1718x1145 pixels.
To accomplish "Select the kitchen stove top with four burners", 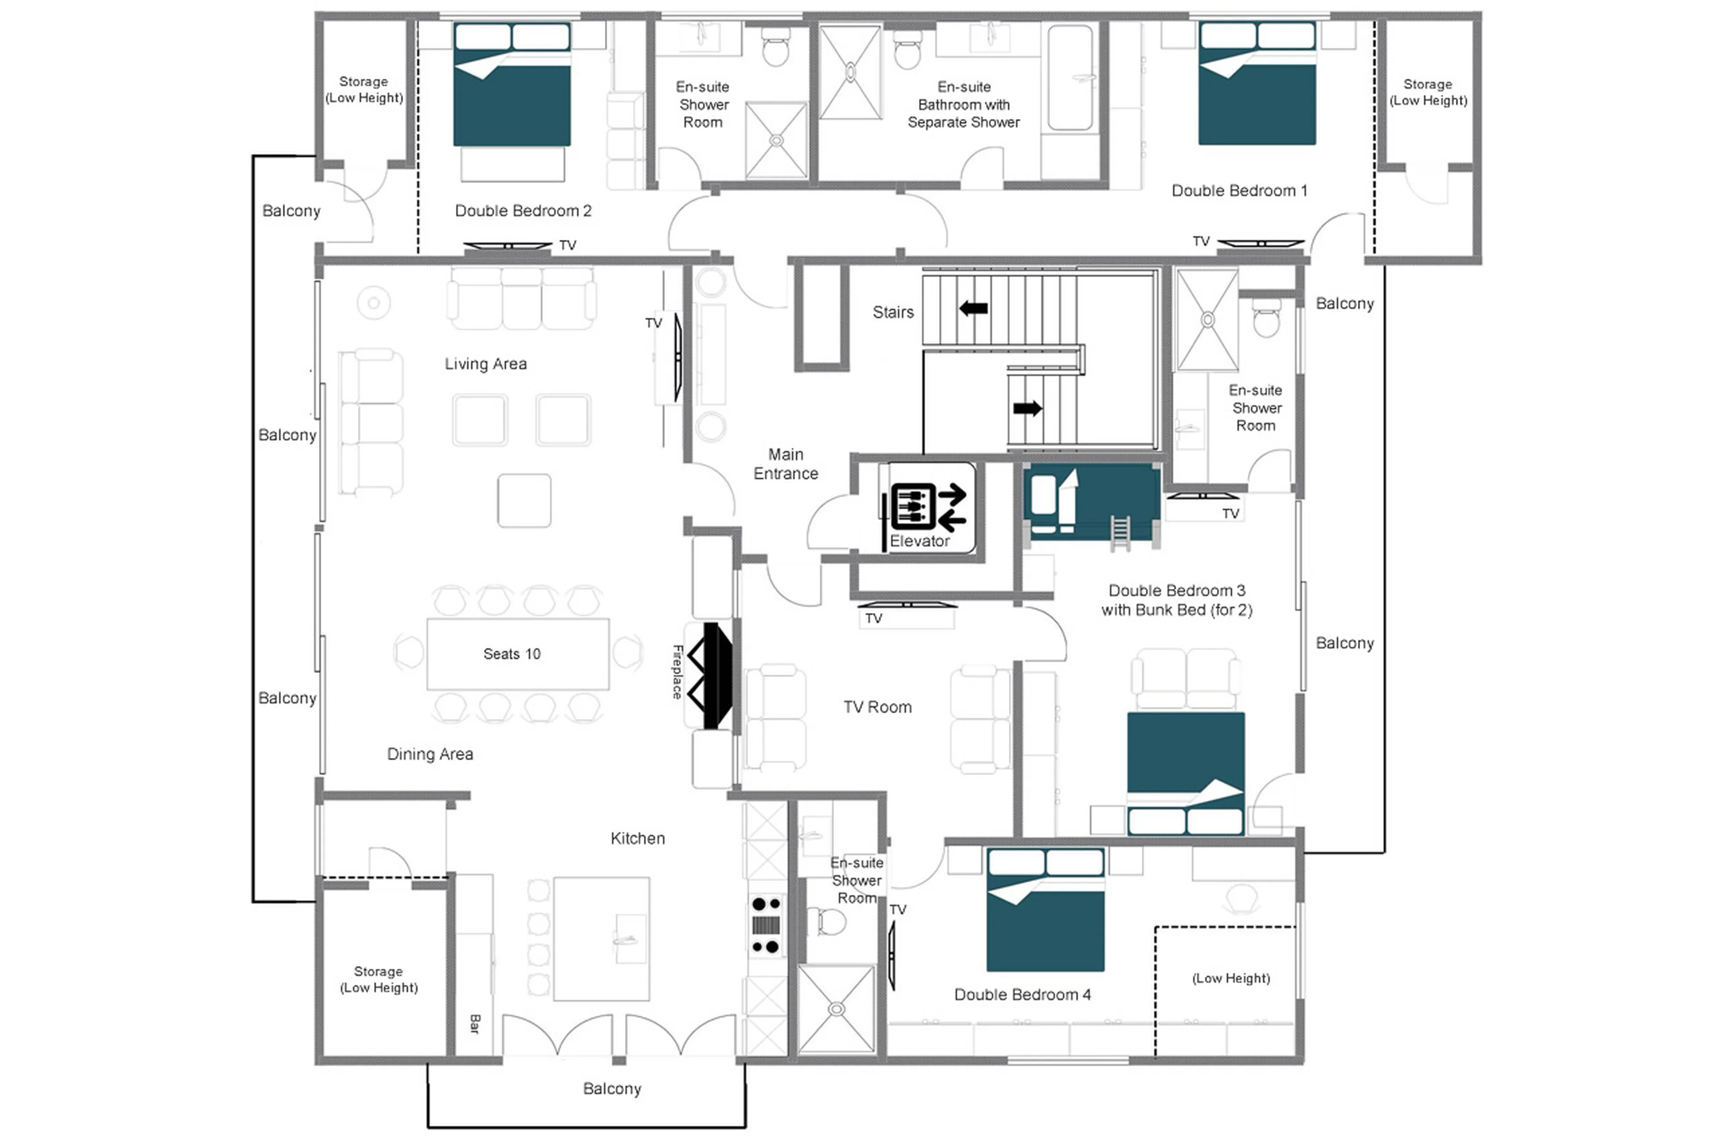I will [765, 925].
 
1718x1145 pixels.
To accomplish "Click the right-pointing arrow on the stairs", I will [1027, 408].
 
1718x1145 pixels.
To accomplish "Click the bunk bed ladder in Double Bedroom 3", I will [1119, 532].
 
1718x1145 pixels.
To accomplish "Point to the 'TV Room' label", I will [877, 707].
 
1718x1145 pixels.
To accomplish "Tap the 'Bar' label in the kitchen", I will [475, 1023].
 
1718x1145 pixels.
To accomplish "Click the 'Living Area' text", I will [485, 364].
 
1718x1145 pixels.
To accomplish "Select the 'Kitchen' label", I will [638, 839].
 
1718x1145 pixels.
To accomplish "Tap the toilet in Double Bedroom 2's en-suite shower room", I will [775, 48].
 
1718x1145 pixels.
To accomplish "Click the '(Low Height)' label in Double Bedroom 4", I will [1230, 978].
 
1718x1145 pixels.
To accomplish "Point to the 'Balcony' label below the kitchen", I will [612, 1089].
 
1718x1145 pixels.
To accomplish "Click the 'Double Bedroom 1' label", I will [1238, 191].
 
